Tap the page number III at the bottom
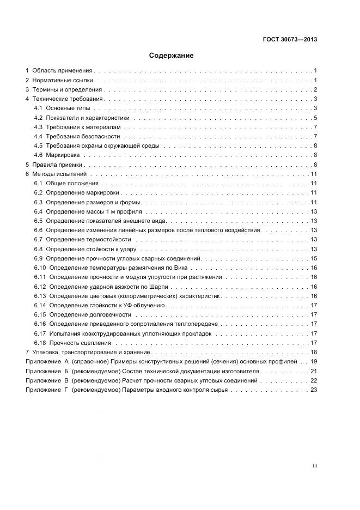[x=315, y=466]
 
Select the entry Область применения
[x=62, y=71]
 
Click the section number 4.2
[x=38, y=118]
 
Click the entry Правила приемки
[x=57, y=165]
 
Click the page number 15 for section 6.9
[x=314, y=258]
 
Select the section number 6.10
[x=40, y=268]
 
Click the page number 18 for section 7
[x=314, y=352]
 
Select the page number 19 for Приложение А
[x=314, y=361]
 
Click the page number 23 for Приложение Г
[x=314, y=390]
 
